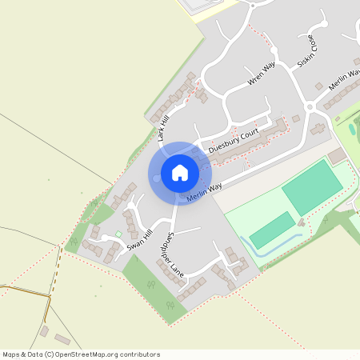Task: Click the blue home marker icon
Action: point(179,173)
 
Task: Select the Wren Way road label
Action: point(261,74)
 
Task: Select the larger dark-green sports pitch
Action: point(306,186)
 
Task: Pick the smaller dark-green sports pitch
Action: point(273,230)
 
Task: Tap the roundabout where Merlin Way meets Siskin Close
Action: point(310,106)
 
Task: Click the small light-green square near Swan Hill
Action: point(118,234)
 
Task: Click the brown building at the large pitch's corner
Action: point(337,154)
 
